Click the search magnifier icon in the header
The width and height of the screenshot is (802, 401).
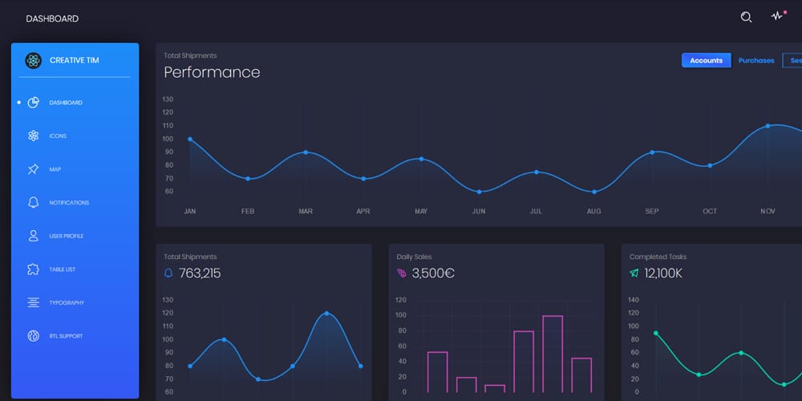point(746,17)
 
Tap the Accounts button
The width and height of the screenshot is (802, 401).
point(706,60)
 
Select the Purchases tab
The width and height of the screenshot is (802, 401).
point(756,60)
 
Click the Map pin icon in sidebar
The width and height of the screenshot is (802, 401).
point(33,169)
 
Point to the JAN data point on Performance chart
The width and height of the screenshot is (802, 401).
point(190,139)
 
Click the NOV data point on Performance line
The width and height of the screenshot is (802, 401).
point(768,126)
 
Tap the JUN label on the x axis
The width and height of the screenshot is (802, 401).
point(479,212)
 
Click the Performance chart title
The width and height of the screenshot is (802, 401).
point(212,72)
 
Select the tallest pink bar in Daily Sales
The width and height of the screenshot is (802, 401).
point(552,354)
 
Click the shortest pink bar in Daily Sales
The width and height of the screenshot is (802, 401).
point(495,388)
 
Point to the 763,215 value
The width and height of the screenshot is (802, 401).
point(200,273)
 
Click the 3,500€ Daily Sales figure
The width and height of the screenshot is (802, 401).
point(433,273)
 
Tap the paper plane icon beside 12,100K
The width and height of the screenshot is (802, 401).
point(634,273)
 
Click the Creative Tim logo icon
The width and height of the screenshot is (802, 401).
point(33,60)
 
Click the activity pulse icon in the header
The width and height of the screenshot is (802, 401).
point(776,17)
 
